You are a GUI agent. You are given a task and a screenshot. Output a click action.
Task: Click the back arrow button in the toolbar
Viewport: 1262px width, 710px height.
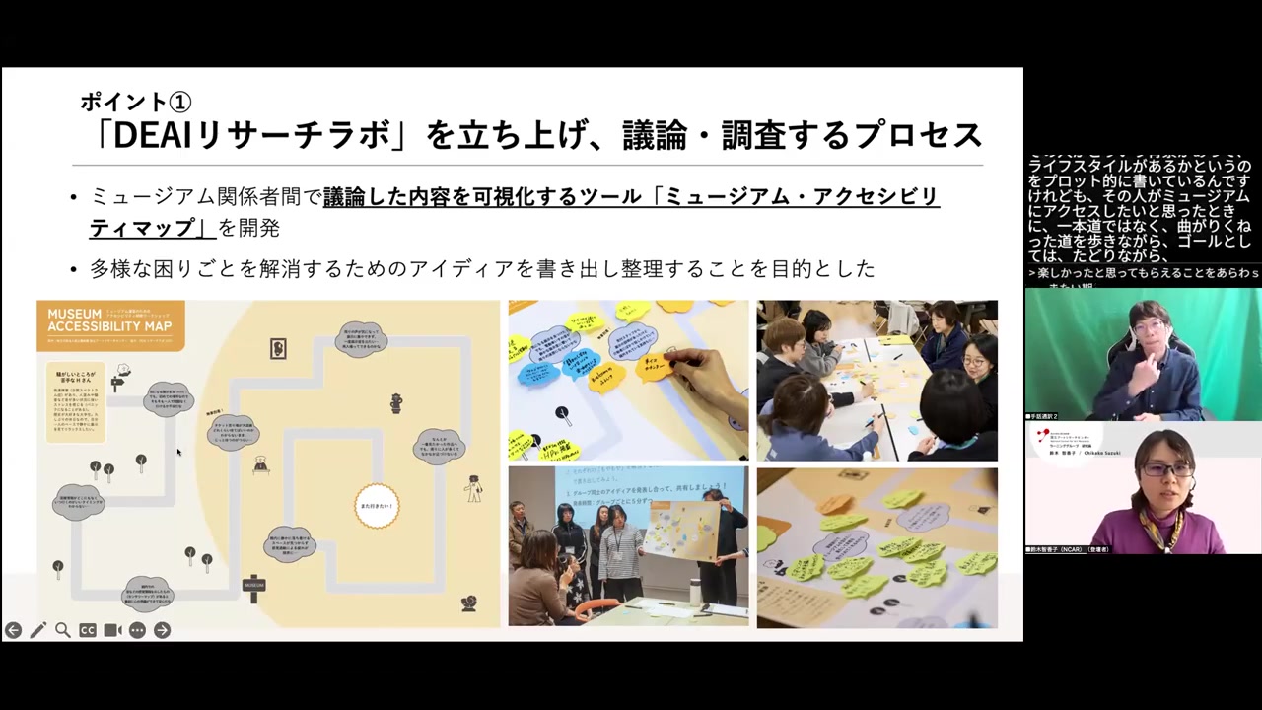tap(13, 630)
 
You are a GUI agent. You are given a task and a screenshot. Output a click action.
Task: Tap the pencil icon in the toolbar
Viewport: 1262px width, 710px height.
tap(37, 630)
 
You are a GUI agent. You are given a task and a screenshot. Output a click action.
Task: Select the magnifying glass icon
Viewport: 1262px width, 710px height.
tap(62, 630)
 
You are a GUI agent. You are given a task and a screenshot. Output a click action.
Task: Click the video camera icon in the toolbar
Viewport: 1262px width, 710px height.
tap(112, 630)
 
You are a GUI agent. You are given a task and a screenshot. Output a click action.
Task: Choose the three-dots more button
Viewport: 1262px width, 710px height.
tap(137, 630)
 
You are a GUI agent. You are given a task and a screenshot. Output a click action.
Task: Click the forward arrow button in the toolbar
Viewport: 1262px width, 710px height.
tap(162, 630)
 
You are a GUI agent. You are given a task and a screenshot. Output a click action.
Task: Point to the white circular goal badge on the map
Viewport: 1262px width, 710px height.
tap(377, 505)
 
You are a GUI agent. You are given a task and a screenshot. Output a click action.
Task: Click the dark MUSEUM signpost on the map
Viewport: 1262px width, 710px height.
tap(254, 587)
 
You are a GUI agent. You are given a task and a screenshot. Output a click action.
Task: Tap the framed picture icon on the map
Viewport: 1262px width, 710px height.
tap(278, 348)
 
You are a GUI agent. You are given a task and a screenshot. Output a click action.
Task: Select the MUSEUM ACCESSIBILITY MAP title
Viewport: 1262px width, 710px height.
tap(109, 319)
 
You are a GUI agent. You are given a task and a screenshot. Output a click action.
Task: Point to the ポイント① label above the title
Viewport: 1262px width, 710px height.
tap(135, 101)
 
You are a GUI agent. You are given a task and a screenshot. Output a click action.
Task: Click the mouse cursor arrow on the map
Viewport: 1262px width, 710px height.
tap(178, 452)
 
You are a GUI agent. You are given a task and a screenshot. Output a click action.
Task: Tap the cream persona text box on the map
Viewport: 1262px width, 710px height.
tap(75, 400)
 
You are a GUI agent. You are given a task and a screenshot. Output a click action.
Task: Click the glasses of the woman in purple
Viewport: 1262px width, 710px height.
tap(1167, 470)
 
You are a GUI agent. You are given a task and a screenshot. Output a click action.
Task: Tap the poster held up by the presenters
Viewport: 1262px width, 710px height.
tap(681, 531)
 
